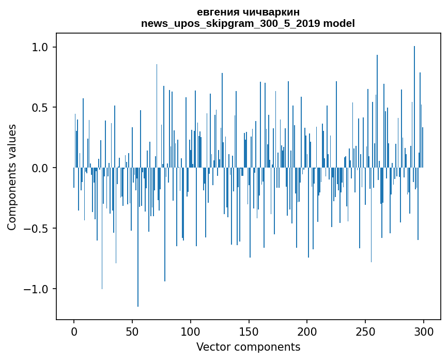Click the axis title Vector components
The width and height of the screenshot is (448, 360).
(248, 347)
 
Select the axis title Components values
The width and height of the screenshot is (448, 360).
(12, 177)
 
